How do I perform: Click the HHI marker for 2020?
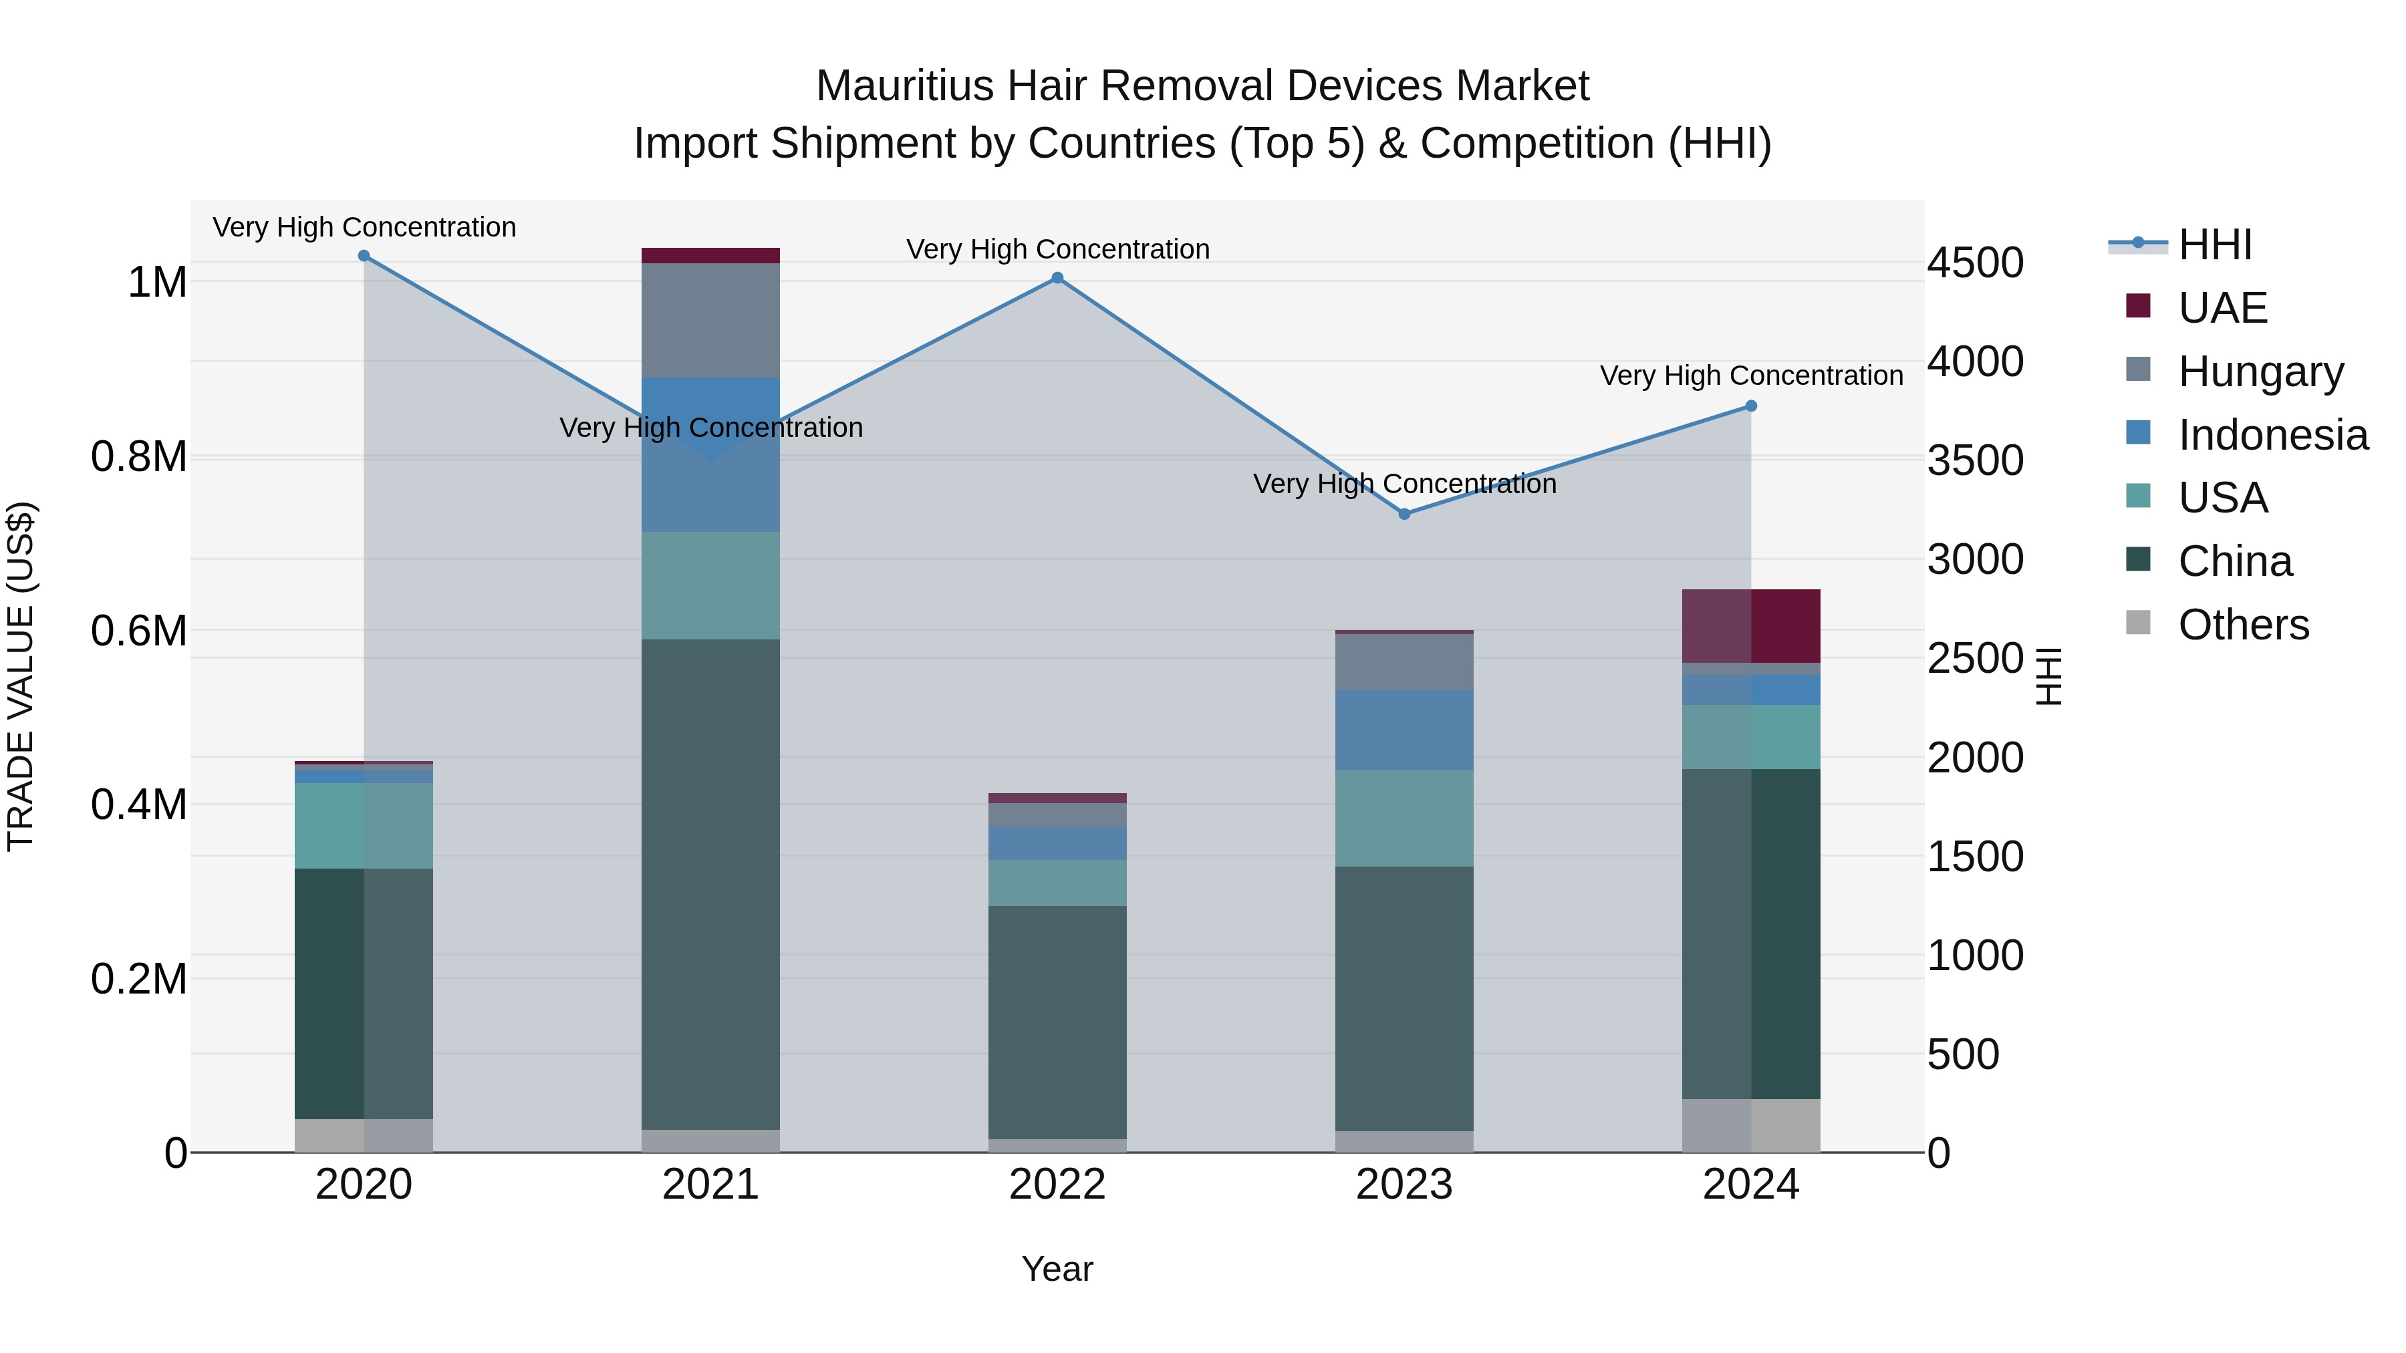coord(364,256)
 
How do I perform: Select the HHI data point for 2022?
coord(1057,278)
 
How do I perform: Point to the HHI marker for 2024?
coord(1751,406)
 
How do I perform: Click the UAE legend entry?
coord(2222,308)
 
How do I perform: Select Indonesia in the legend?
coord(2272,435)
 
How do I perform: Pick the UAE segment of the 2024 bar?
coord(1751,625)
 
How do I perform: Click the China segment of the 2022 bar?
coord(1057,1022)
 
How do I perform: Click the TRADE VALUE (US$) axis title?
coord(21,676)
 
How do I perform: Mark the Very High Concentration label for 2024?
coord(1751,375)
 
